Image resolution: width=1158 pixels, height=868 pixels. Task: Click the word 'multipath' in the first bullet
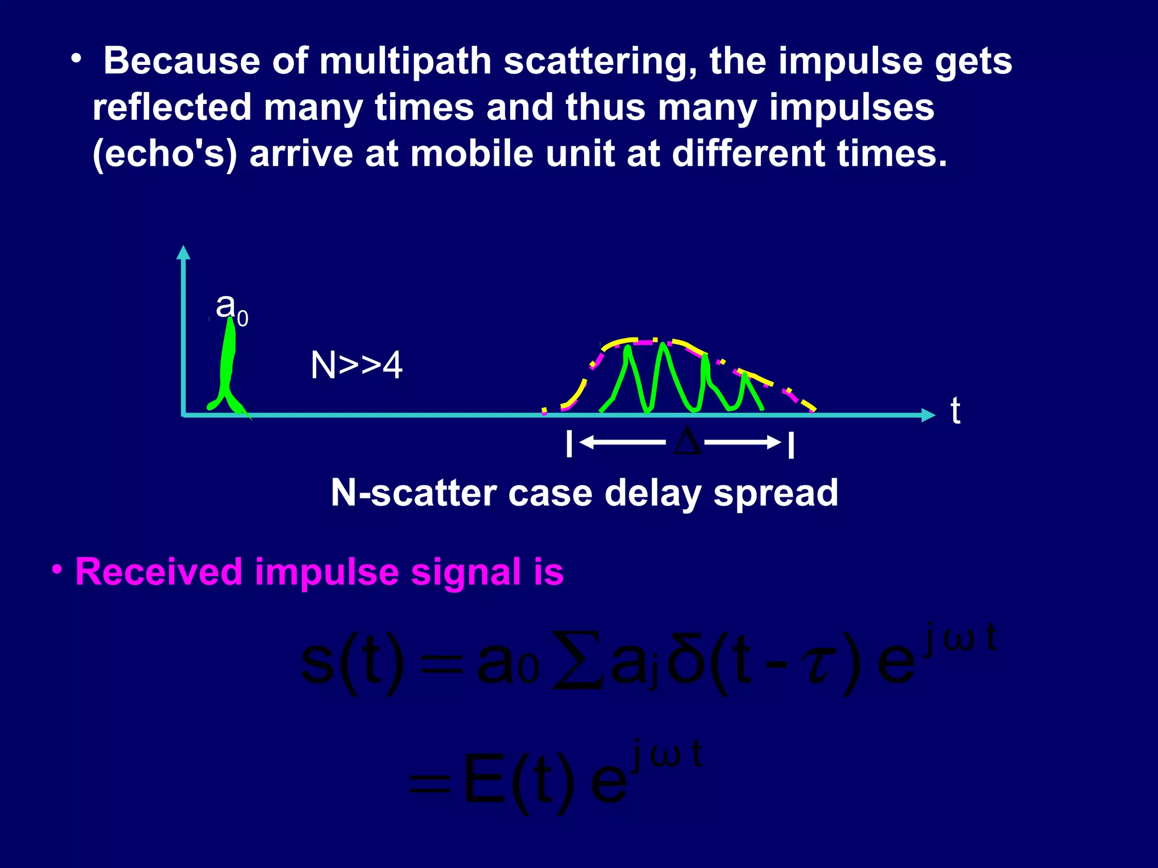[x=405, y=61]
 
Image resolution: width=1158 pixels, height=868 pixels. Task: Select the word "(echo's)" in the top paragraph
[x=165, y=154]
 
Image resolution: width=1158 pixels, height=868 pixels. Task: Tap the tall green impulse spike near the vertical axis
[x=228, y=362]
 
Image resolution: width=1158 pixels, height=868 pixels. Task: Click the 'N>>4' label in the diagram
[x=356, y=366]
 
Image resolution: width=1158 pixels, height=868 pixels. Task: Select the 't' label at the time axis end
[x=955, y=411]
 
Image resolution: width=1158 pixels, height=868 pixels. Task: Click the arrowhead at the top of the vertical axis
[x=183, y=252]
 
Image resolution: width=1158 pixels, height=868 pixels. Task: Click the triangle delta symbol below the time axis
[x=687, y=442]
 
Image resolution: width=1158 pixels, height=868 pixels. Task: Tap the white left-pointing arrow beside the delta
[x=622, y=442]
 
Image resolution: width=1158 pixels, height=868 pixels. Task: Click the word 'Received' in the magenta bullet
[x=159, y=572]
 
